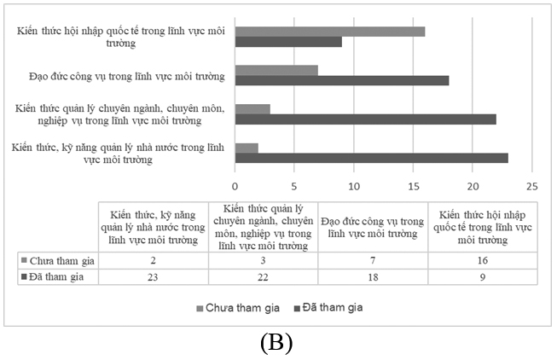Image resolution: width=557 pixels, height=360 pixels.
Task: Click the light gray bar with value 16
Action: [x=329, y=32]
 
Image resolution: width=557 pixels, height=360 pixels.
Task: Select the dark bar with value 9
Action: [x=288, y=42]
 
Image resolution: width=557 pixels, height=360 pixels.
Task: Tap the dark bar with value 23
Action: [x=371, y=158]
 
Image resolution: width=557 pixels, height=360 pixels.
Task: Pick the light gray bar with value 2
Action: [x=247, y=148]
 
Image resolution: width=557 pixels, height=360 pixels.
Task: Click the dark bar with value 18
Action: [x=341, y=80]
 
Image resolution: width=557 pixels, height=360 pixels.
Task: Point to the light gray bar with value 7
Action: [x=276, y=70]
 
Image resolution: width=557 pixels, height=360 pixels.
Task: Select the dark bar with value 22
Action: [x=365, y=119]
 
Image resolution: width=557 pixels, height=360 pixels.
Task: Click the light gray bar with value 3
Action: [x=252, y=109]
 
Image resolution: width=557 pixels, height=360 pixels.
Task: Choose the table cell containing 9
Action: [x=483, y=276]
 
